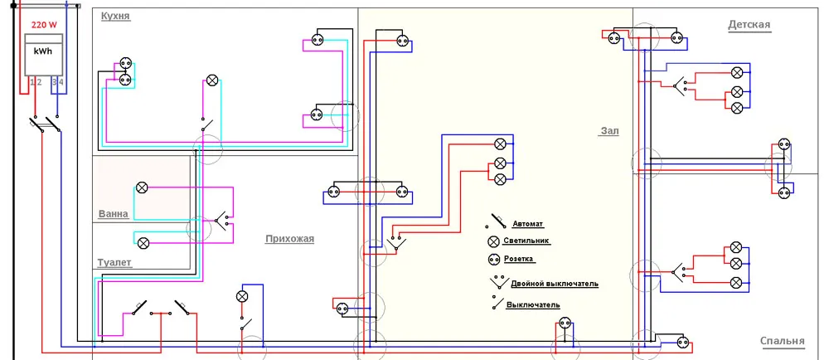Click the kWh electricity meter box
pos(45,55)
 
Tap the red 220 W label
pos(45,24)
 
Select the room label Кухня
pos(115,16)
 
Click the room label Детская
pos(749,24)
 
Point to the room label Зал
pos(609,131)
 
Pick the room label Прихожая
pos(289,239)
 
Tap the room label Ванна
pos(113,214)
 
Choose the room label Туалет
pos(114,263)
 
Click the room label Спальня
pos(783,341)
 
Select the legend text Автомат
pos(527,224)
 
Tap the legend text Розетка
pos(518,259)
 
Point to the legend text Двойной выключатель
pos(555,284)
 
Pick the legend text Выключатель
pos(533,305)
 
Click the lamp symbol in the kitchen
pos(212,80)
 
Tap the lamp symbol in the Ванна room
pos(142,187)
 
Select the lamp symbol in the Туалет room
pos(143,243)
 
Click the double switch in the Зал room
pos(396,242)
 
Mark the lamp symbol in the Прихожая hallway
pos(242,296)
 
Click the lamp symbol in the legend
pos(494,241)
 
